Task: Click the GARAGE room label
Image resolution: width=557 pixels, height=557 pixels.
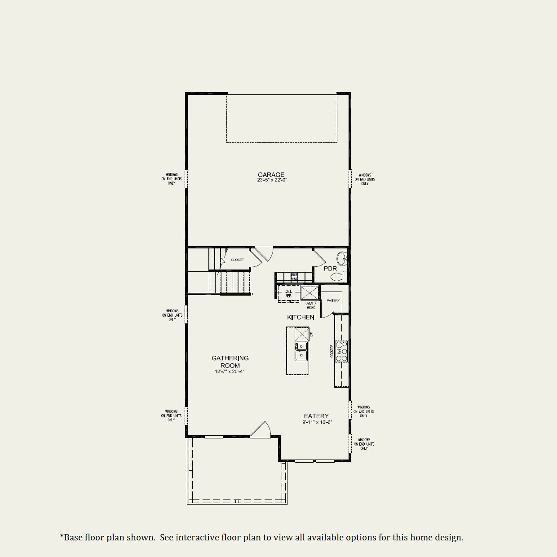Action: point(271,175)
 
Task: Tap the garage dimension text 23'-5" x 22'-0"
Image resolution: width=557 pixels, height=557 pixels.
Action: point(272,180)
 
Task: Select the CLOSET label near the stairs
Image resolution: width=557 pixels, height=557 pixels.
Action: point(238,260)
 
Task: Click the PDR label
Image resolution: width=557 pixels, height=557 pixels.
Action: point(330,269)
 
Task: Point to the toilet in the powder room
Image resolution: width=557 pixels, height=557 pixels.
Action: point(337,277)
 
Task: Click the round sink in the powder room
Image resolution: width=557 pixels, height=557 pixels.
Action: point(342,258)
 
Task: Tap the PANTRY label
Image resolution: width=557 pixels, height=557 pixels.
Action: point(333,301)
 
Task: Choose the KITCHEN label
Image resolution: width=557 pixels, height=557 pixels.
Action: point(301,317)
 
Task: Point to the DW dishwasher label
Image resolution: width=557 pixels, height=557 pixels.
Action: point(311,334)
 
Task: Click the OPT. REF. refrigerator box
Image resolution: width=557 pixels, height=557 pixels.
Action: point(288,294)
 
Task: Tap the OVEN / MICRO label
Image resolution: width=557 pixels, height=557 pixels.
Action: point(310,305)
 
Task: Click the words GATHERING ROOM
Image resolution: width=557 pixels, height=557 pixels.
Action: point(230,362)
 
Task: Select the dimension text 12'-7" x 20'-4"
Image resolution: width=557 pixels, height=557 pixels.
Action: point(230,372)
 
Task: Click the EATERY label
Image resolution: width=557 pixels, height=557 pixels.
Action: point(316,416)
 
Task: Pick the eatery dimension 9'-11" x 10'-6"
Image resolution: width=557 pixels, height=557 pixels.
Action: point(317,422)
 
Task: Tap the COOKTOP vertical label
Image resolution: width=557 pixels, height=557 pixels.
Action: point(332,351)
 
